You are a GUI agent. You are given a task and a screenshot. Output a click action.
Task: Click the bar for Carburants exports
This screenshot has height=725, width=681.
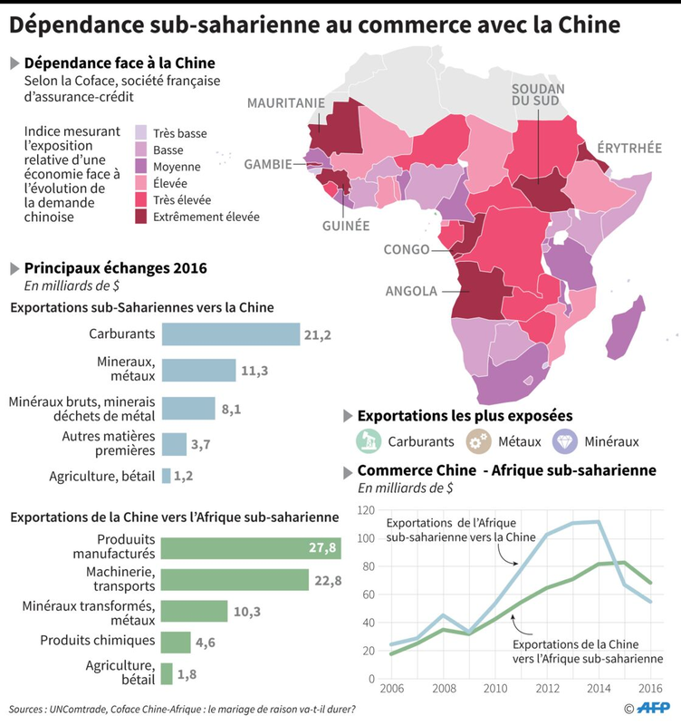(230, 334)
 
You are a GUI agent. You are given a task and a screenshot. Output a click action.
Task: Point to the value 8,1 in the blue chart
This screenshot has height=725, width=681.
(231, 409)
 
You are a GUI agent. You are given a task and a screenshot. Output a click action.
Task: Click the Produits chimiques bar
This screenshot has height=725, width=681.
(176, 643)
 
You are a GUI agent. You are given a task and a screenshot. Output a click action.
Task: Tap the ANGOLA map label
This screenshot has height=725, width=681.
(411, 292)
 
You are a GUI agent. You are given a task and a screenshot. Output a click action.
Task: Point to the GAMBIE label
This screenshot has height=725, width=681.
(268, 164)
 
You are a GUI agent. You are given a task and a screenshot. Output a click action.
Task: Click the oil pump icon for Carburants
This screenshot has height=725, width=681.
(367, 441)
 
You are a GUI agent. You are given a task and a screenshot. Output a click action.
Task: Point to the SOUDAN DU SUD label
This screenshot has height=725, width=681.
(537, 97)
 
